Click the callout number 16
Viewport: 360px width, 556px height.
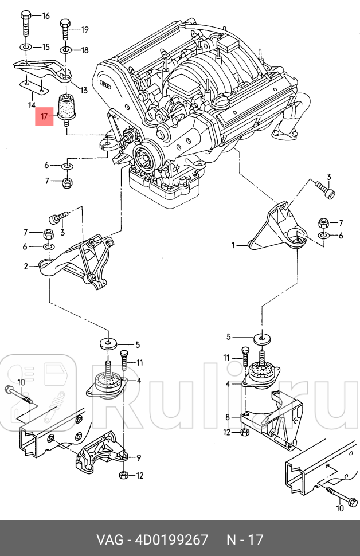(46, 15)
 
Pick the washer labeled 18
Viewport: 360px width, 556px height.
(66, 50)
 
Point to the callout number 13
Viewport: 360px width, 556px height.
(84, 90)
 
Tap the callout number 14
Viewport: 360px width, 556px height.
(32, 105)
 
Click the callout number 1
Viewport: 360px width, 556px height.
(233, 245)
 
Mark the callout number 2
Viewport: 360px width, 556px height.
(26, 266)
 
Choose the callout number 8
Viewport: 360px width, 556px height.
(228, 417)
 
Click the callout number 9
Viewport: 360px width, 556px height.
(138, 457)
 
